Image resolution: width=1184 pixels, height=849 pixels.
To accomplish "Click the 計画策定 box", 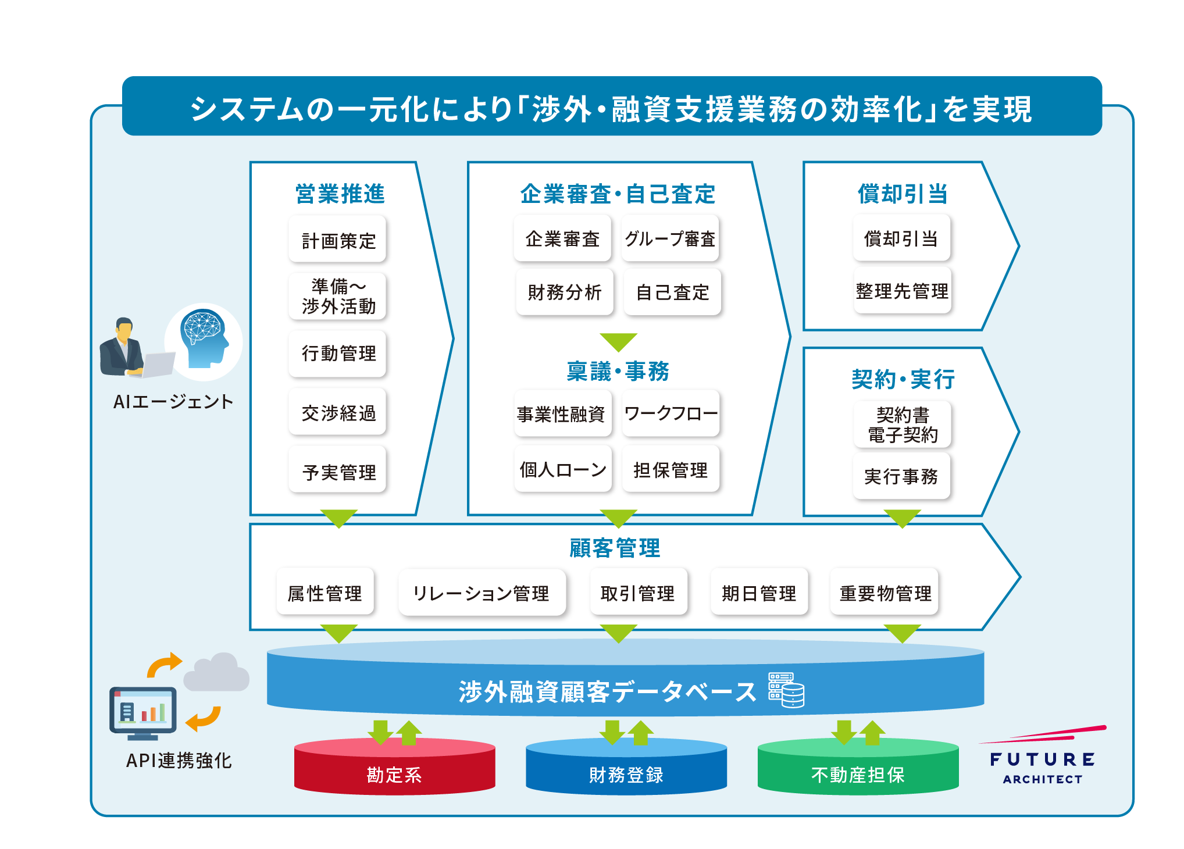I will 338,240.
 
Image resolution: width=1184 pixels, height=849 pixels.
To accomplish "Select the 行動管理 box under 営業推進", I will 338,353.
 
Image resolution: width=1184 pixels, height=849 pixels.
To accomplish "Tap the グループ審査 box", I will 670,238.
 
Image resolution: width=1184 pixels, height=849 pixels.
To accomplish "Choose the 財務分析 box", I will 564,292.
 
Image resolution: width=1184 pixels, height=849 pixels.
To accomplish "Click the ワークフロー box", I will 671,413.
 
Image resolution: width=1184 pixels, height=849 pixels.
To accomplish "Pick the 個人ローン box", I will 563,469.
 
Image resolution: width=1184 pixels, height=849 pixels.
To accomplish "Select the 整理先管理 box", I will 901,291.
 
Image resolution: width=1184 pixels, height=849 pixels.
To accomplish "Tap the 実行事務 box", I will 901,476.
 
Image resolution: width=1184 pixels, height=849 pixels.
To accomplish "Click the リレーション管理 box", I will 482,593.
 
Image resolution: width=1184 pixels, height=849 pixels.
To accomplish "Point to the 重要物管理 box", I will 885,593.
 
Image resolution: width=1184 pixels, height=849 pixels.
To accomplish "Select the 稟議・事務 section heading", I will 618,371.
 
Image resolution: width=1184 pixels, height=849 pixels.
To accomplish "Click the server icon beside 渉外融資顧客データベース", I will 786,690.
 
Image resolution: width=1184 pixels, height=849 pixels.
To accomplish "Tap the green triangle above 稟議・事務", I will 618,341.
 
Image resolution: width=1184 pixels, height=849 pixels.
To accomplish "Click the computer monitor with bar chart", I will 142,712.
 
